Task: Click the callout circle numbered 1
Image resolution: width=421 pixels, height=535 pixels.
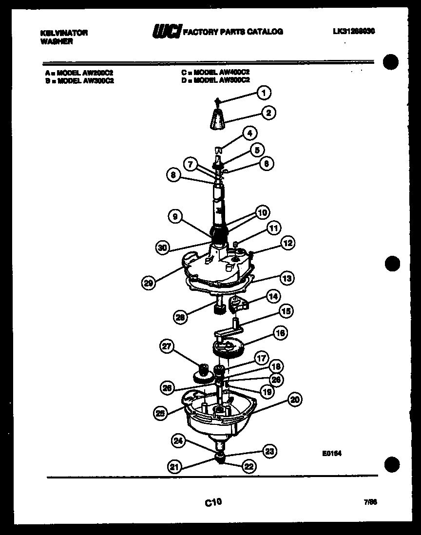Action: point(264,92)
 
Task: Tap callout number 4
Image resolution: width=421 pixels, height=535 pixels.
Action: point(249,133)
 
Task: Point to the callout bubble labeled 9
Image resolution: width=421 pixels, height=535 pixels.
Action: point(173,216)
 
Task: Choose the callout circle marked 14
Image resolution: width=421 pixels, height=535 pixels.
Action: point(274,296)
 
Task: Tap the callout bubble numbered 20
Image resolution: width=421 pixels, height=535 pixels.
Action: point(294,400)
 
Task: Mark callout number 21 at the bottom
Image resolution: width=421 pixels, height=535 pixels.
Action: point(174,467)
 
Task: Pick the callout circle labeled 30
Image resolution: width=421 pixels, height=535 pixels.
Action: point(163,248)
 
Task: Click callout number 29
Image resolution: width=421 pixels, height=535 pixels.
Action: point(149,282)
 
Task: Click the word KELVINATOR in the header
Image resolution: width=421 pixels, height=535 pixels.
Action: point(63,33)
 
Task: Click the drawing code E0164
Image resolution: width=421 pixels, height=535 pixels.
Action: point(331,453)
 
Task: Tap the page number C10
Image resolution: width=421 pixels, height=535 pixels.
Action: point(213,501)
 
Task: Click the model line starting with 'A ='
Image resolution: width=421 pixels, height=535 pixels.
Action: point(78,72)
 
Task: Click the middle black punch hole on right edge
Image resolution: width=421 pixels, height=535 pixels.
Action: point(392,264)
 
